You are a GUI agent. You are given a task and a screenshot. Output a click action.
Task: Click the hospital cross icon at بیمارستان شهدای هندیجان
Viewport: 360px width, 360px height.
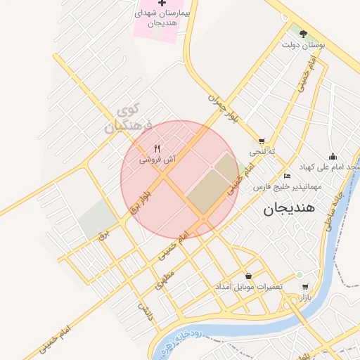(162, 4)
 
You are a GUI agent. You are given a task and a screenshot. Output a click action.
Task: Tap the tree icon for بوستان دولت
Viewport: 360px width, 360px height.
(303, 33)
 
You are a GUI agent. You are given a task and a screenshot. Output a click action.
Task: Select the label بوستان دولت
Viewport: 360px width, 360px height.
(303, 46)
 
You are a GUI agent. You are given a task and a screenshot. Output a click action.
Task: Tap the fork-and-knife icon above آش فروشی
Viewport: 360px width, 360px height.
(157, 148)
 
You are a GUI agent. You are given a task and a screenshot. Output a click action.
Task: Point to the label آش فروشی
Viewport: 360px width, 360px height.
(156, 160)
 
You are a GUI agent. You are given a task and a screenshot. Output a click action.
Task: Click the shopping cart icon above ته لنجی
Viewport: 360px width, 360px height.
(262, 141)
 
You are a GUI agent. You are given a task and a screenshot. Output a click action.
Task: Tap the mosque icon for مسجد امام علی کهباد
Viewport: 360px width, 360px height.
(333, 156)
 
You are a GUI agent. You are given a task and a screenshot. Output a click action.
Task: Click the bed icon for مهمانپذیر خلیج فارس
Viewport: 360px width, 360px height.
(287, 176)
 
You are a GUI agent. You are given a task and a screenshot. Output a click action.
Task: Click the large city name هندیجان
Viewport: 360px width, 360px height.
(290, 209)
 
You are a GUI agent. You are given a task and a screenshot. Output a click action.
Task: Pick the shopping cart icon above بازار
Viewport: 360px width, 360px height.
(304, 287)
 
